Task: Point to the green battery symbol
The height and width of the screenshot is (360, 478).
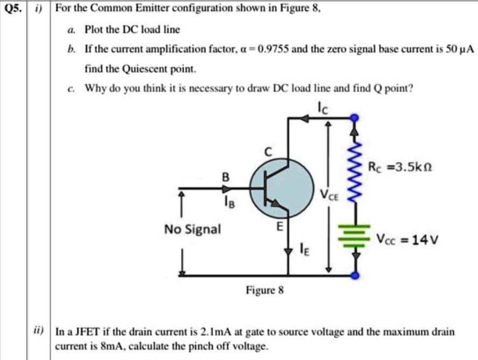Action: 354,236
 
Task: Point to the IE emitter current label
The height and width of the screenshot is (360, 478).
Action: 305,249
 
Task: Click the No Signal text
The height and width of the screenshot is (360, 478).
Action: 193,229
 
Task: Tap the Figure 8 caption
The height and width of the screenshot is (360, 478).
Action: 264,291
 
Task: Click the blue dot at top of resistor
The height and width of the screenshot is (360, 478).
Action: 354,117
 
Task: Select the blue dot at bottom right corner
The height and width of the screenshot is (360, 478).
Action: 354,276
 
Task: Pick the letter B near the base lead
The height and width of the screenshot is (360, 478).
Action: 226,177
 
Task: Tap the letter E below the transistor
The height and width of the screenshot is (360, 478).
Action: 279,227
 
